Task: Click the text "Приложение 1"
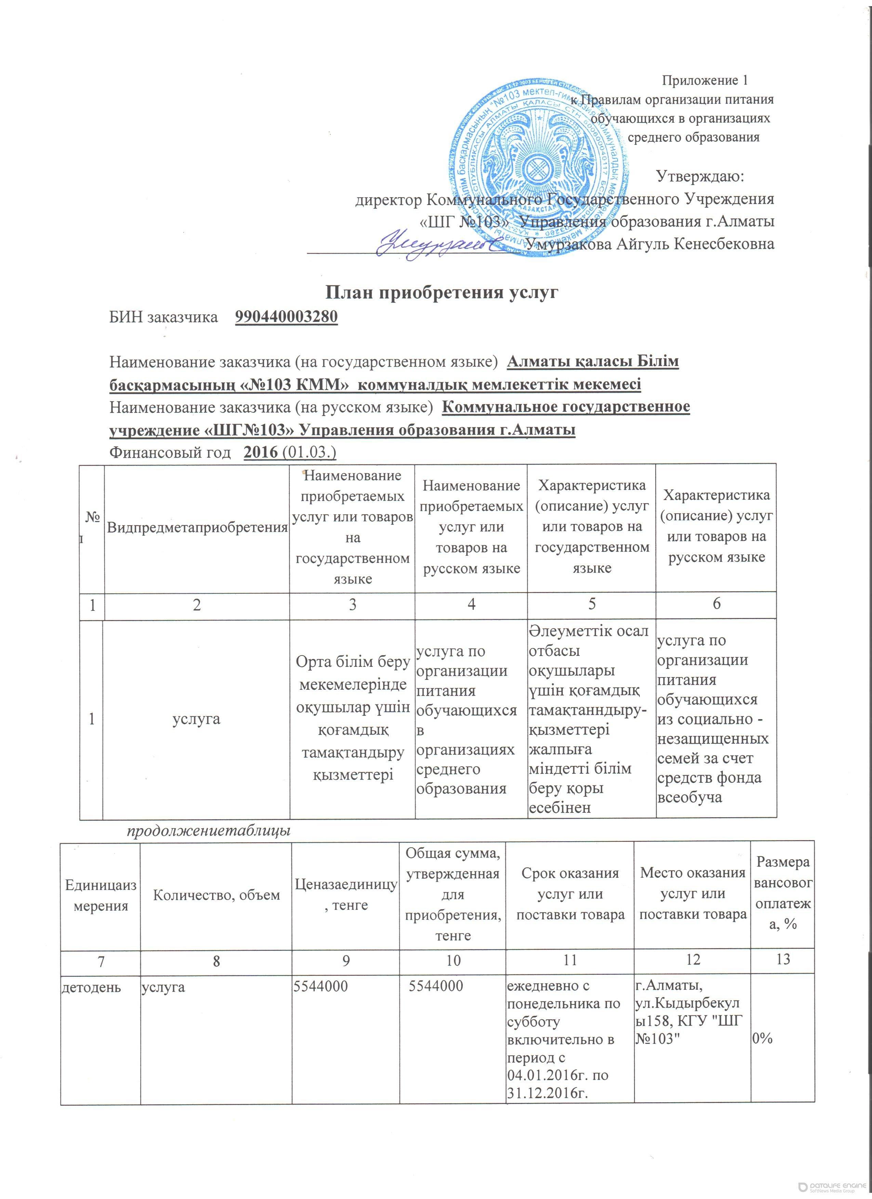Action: tap(704, 80)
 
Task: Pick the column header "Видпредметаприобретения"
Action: tap(197, 527)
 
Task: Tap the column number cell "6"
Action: tap(716, 604)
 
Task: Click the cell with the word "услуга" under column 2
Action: tap(197, 719)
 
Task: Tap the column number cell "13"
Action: tap(782, 958)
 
